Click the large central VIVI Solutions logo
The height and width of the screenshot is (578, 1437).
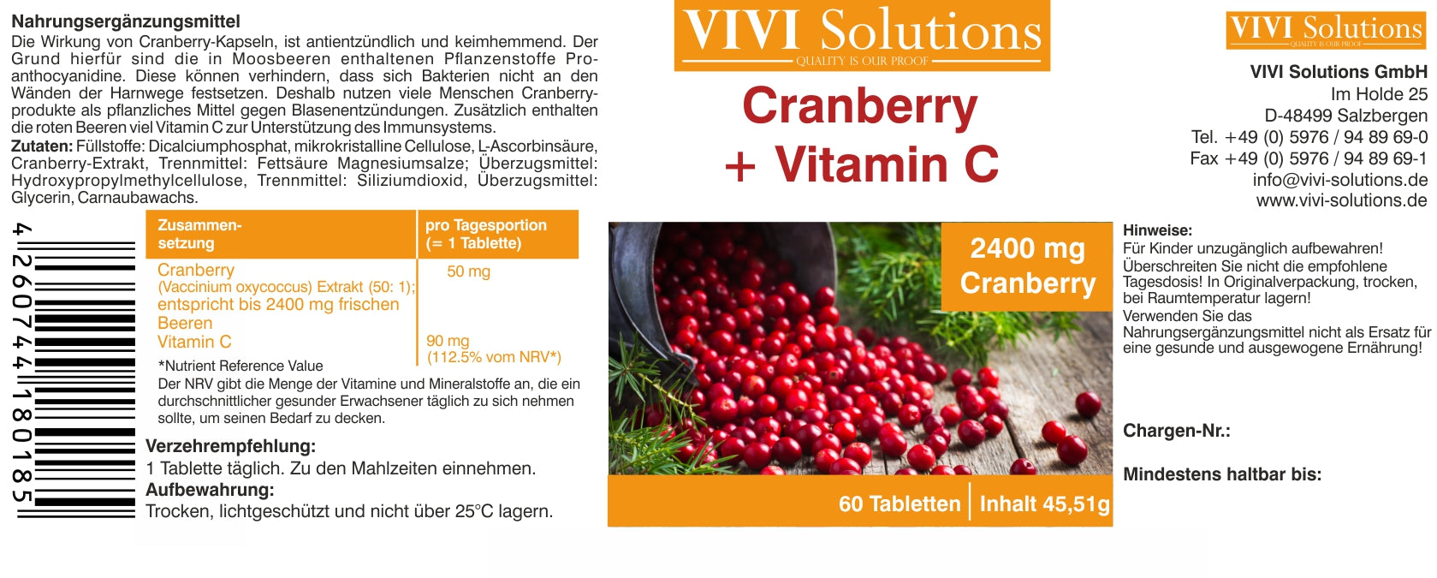click(x=862, y=35)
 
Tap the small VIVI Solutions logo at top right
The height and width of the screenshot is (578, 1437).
click(x=1326, y=30)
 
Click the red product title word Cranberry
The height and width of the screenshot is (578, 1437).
click(x=859, y=107)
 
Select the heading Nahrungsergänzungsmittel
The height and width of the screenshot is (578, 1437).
click(x=126, y=21)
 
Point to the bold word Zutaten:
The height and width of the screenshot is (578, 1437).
click(x=42, y=146)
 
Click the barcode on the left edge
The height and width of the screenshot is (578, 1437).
click(x=74, y=371)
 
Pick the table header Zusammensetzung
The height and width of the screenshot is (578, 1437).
click(x=199, y=234)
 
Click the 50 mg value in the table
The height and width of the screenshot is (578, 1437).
click(x=468, y=271)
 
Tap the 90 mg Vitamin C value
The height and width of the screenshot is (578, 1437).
click(x=448, y=341)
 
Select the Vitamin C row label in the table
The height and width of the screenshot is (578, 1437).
click(x=194, y=342)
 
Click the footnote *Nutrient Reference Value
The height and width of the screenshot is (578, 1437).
click(x=240, y=366)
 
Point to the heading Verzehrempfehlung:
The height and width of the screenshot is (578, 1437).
click(x=231, y=446)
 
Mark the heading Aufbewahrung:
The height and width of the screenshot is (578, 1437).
click(x=210, y=490)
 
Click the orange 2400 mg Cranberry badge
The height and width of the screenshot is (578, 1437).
click(x=1027, y=266)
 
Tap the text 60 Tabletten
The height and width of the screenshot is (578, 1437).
click(x=900, y=504)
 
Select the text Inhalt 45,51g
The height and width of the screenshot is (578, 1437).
click(x=1044, y=504)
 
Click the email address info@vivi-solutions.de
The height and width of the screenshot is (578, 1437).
click(x=1340, y=180)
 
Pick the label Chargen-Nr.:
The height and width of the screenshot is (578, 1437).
click(x=1177, y=431)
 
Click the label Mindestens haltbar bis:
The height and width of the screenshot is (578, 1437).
click(x=1222, y=474)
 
